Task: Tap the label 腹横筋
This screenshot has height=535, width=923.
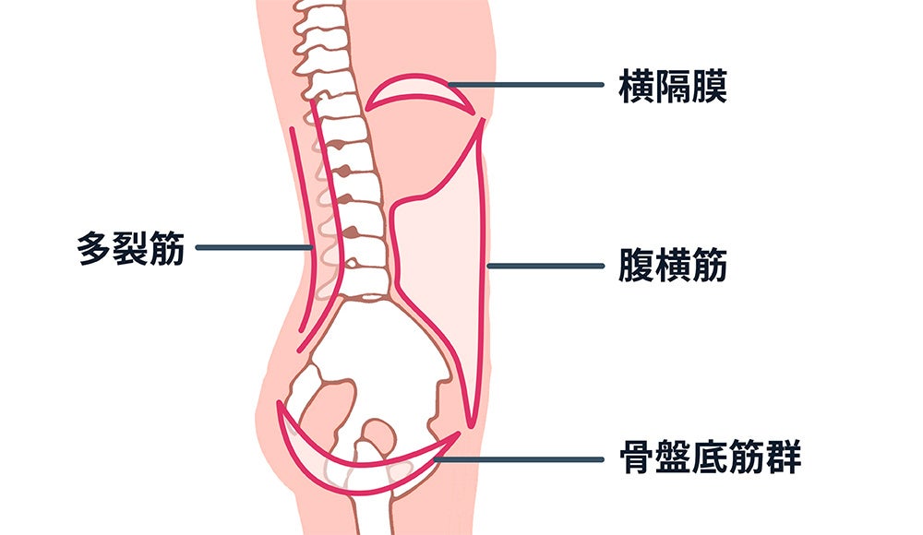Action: point(673,266)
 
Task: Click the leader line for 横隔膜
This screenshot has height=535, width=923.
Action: point(531,86)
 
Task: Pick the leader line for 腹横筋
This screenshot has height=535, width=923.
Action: point(545,266)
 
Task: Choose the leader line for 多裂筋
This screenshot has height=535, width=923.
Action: point(254,247)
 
